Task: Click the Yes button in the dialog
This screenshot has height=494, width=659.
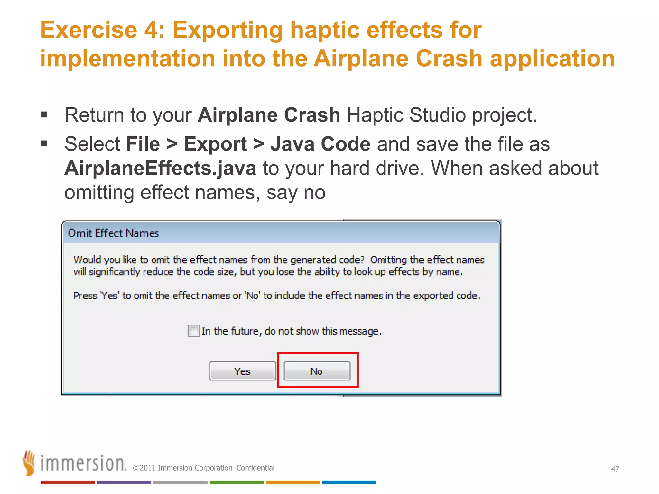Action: [243, 371]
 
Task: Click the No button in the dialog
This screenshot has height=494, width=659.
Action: [317, 371]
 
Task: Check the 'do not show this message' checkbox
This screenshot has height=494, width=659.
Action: [193, 331]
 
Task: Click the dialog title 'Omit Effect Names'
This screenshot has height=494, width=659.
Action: [113, 233]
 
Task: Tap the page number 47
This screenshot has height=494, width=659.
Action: [615, 469]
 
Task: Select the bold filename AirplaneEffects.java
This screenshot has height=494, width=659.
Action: [160, 168]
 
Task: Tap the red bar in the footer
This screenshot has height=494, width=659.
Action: [68, 482]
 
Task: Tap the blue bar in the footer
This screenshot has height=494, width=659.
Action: [349, 482]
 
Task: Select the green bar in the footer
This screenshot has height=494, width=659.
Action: [237, 482]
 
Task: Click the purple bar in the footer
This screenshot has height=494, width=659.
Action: [124, 482]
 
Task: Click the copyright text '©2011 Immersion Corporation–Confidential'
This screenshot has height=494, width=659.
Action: [203, 468]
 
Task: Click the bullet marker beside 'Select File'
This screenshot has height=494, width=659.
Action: [44, 143]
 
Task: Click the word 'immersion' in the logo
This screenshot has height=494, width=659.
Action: [83, 463]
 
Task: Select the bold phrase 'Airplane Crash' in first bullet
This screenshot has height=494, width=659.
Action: [269, 115]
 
